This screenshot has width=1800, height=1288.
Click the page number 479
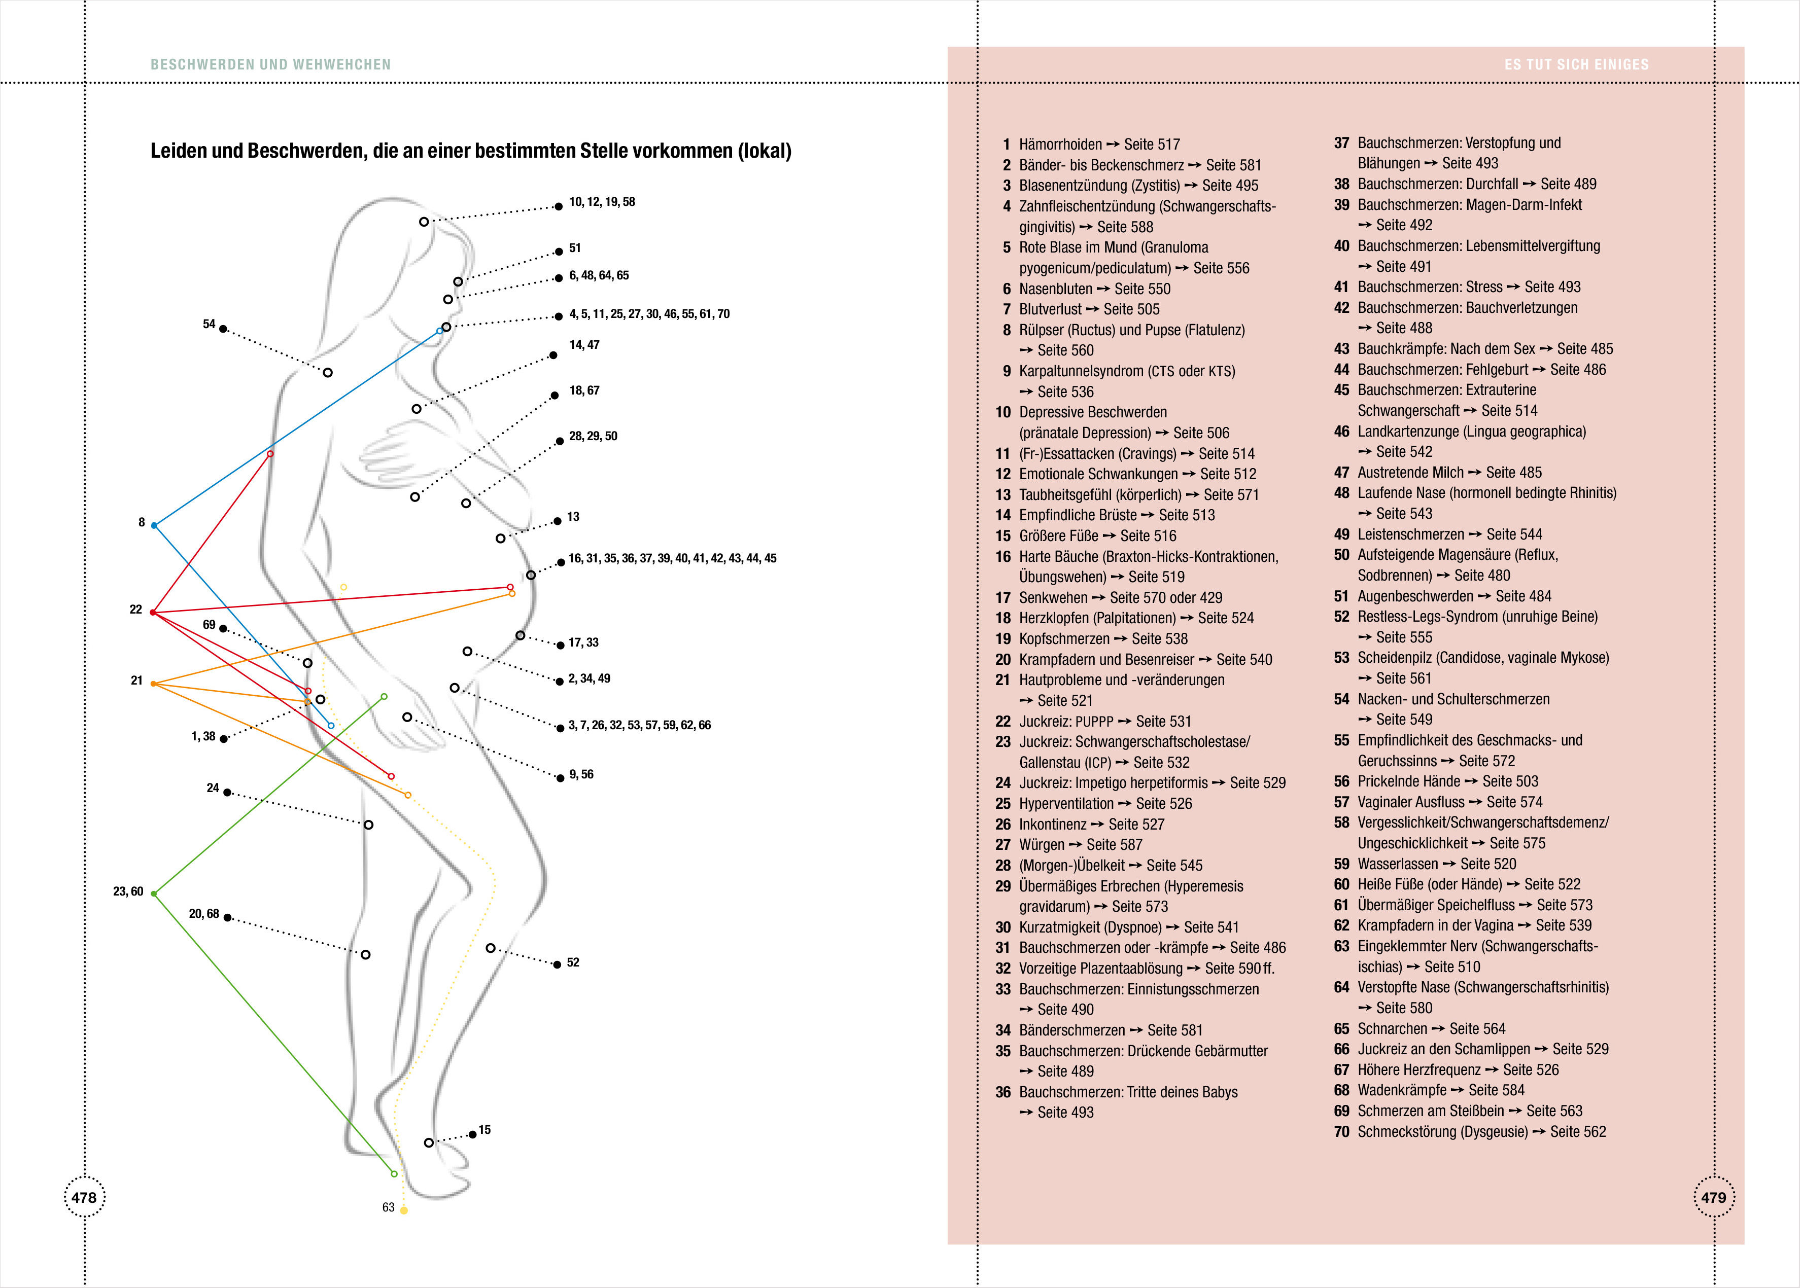coord(1714,1198)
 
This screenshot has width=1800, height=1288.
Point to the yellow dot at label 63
coord(404,1210)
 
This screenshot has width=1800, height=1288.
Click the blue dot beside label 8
coord(154,525)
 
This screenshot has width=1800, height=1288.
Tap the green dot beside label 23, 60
coord(154,894)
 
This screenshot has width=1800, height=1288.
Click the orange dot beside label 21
coord(154,684)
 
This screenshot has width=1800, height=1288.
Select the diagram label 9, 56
coord(581,775)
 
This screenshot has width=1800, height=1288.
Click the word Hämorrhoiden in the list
coord(1060,145)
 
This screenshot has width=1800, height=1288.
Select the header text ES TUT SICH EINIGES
coord(1576,64)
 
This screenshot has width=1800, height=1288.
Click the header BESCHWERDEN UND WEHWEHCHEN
coord(270,64)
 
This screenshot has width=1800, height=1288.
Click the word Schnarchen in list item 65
coord(1392,1029)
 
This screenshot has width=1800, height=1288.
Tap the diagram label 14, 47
coord(584,345)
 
